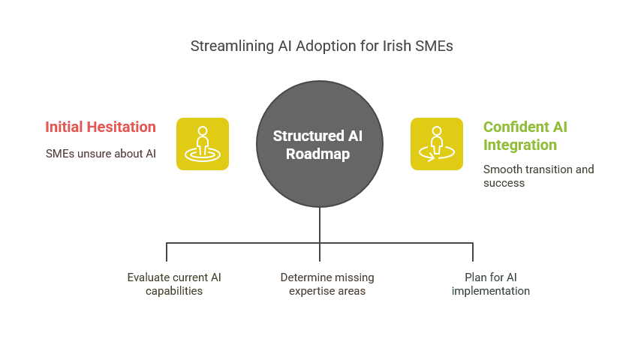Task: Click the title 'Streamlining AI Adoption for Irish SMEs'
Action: coord(321,46)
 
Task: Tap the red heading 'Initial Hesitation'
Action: coord(101,127)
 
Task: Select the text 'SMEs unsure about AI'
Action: coord(101,154)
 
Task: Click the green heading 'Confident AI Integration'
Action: coord(525,136)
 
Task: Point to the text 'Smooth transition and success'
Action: coord(538,175)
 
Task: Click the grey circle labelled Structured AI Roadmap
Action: coord(320,144)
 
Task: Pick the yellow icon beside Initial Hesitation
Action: coord(203,144)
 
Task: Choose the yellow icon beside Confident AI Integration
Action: coord(437,144)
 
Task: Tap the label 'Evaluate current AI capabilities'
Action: coord(174,284)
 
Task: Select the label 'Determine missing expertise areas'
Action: coord(327,284)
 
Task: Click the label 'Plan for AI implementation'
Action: coord(491,284)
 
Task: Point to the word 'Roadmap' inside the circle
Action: coord(318,154)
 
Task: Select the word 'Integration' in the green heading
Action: coord(520,145)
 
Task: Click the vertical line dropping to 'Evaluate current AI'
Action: coord(167,252)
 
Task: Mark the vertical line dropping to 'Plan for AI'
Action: coord(473,252)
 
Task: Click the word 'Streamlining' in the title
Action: coord(232,46)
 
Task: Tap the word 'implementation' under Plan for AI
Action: coord(491,291)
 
